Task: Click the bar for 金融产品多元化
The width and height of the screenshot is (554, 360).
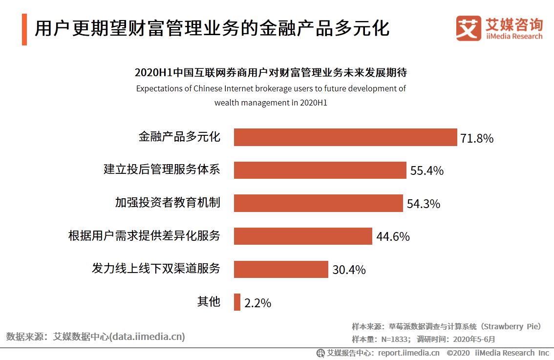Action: click(345, 137)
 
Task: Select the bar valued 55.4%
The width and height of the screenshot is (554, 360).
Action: click(320, 170)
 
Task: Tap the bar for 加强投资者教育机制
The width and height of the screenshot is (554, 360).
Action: click(318, 203)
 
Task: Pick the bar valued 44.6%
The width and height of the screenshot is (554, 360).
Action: click(303, 236)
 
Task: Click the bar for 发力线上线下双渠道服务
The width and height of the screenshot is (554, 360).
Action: click(281, 269)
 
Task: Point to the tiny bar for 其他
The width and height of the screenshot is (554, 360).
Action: click(237, 302)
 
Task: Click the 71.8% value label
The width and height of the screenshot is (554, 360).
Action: click(476, 138)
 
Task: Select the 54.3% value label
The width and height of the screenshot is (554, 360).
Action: click(423, 204)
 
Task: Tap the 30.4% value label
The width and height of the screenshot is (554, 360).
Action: click(349, 270)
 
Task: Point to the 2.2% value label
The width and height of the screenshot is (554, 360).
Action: click(257, 303)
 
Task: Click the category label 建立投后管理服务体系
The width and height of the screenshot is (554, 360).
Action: click(162, 170)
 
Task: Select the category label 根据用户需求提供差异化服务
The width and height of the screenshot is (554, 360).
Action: click(144, 236)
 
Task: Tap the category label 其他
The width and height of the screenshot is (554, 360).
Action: click(209, 301)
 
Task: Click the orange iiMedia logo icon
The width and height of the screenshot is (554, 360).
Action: click(468, 28)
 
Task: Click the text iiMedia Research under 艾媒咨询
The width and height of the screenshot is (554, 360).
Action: click(514, 36)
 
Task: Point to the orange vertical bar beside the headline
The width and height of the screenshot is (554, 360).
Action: click(24, 29)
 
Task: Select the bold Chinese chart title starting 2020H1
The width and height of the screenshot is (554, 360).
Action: click(271, 73)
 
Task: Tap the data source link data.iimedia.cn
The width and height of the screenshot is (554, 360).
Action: click(148, 337)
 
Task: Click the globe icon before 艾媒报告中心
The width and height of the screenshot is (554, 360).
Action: click(320, 353)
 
